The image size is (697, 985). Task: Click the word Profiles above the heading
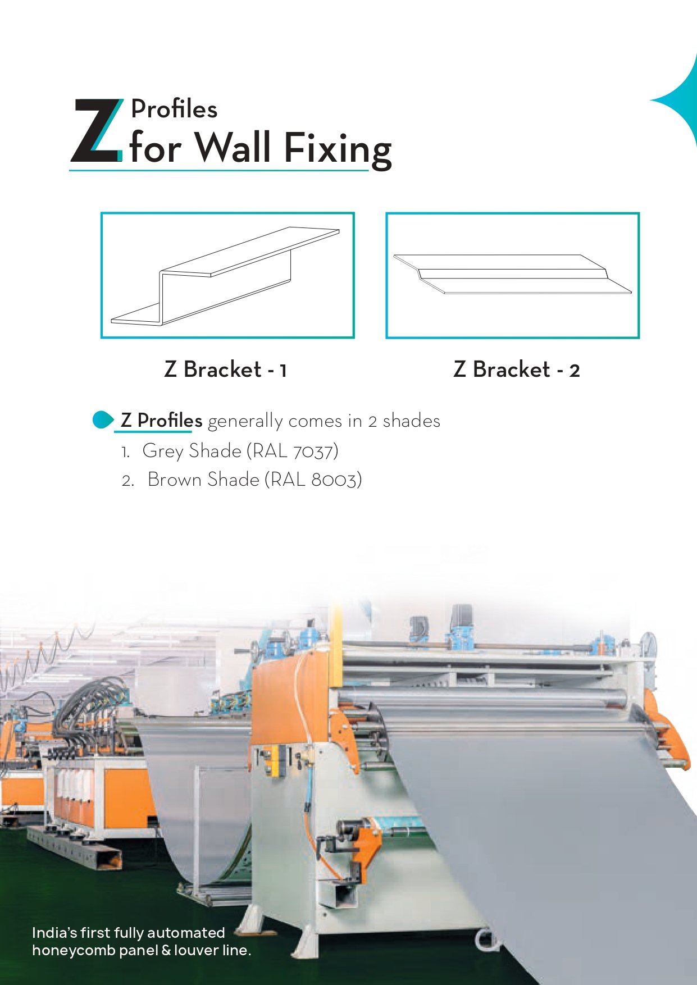(x=174, y=109)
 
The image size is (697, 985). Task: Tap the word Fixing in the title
(x=338, y=149)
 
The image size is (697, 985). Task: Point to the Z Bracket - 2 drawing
(x=512, y=274)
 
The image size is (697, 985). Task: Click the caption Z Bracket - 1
(x=226, y=370)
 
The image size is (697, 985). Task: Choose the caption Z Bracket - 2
(x=516, y=370)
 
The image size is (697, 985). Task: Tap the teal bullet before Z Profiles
(x=103, y=420)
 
